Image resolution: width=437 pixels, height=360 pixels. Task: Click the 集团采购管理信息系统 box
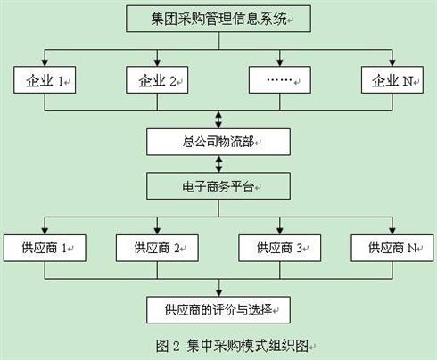pos(218,19)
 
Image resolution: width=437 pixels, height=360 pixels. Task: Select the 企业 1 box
pos(45,80)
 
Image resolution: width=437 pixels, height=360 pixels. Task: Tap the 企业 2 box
pos(157,80)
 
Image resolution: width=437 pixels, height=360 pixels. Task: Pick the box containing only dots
pos(280,80)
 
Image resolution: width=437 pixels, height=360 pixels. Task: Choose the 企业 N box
pos(392,80)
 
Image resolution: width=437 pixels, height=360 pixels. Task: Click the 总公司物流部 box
pos(218,142)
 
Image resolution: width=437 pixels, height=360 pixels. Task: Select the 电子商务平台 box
pos(218,186)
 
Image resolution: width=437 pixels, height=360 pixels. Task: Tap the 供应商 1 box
pos(45,248)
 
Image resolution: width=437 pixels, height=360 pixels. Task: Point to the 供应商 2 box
pos(157,248)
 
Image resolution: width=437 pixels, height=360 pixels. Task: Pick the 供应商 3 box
pos(280,248)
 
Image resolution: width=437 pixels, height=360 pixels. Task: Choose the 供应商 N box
pos(392,248)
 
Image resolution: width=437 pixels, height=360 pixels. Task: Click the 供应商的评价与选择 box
pos(218,310)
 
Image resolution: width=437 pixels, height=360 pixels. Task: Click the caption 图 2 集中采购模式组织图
pos(235,346)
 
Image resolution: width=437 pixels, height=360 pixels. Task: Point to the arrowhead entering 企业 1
pos(45,62)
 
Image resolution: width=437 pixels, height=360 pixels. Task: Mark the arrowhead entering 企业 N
pos(392,62)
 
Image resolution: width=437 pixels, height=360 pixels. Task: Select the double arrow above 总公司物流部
pos(218,119)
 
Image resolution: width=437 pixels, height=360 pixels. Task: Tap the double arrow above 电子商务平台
pos(218,164)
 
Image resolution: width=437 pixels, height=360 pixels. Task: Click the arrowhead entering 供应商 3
pos(280,231)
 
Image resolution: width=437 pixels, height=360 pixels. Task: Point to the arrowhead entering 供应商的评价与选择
pos(218,292)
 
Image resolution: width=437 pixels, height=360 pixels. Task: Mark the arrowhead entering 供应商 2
pos(157,231)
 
